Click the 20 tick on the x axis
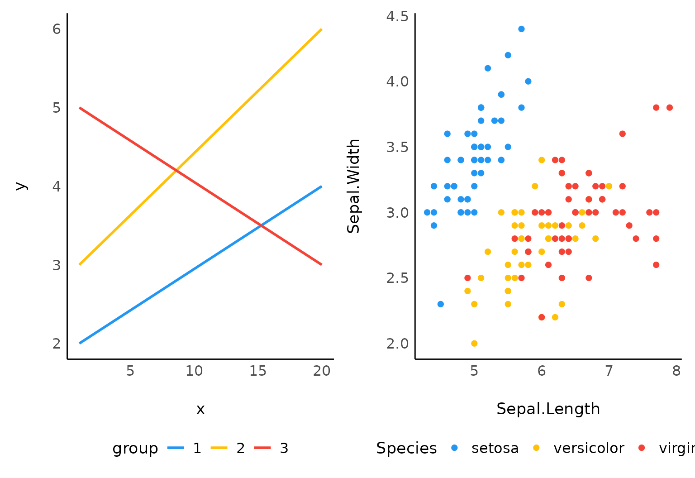322,371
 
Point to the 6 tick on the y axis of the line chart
57,29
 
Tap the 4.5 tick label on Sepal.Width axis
397,17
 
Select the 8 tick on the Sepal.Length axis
676,371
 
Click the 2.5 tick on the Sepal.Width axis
397,278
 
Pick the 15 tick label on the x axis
258,371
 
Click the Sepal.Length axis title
548,409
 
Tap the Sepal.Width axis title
353,186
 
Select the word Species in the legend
406,448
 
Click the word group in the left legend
135,448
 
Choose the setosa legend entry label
495,448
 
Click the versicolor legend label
589,448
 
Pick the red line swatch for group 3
262,448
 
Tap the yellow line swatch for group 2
219,448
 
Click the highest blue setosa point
521,29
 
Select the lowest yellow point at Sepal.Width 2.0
474,344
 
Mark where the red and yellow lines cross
176,170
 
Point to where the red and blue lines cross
261,225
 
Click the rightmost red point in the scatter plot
670,108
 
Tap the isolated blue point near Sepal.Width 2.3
441,304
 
